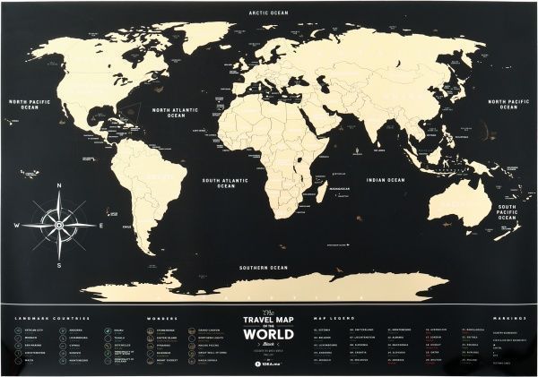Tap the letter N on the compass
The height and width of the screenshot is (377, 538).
[59, 186]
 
